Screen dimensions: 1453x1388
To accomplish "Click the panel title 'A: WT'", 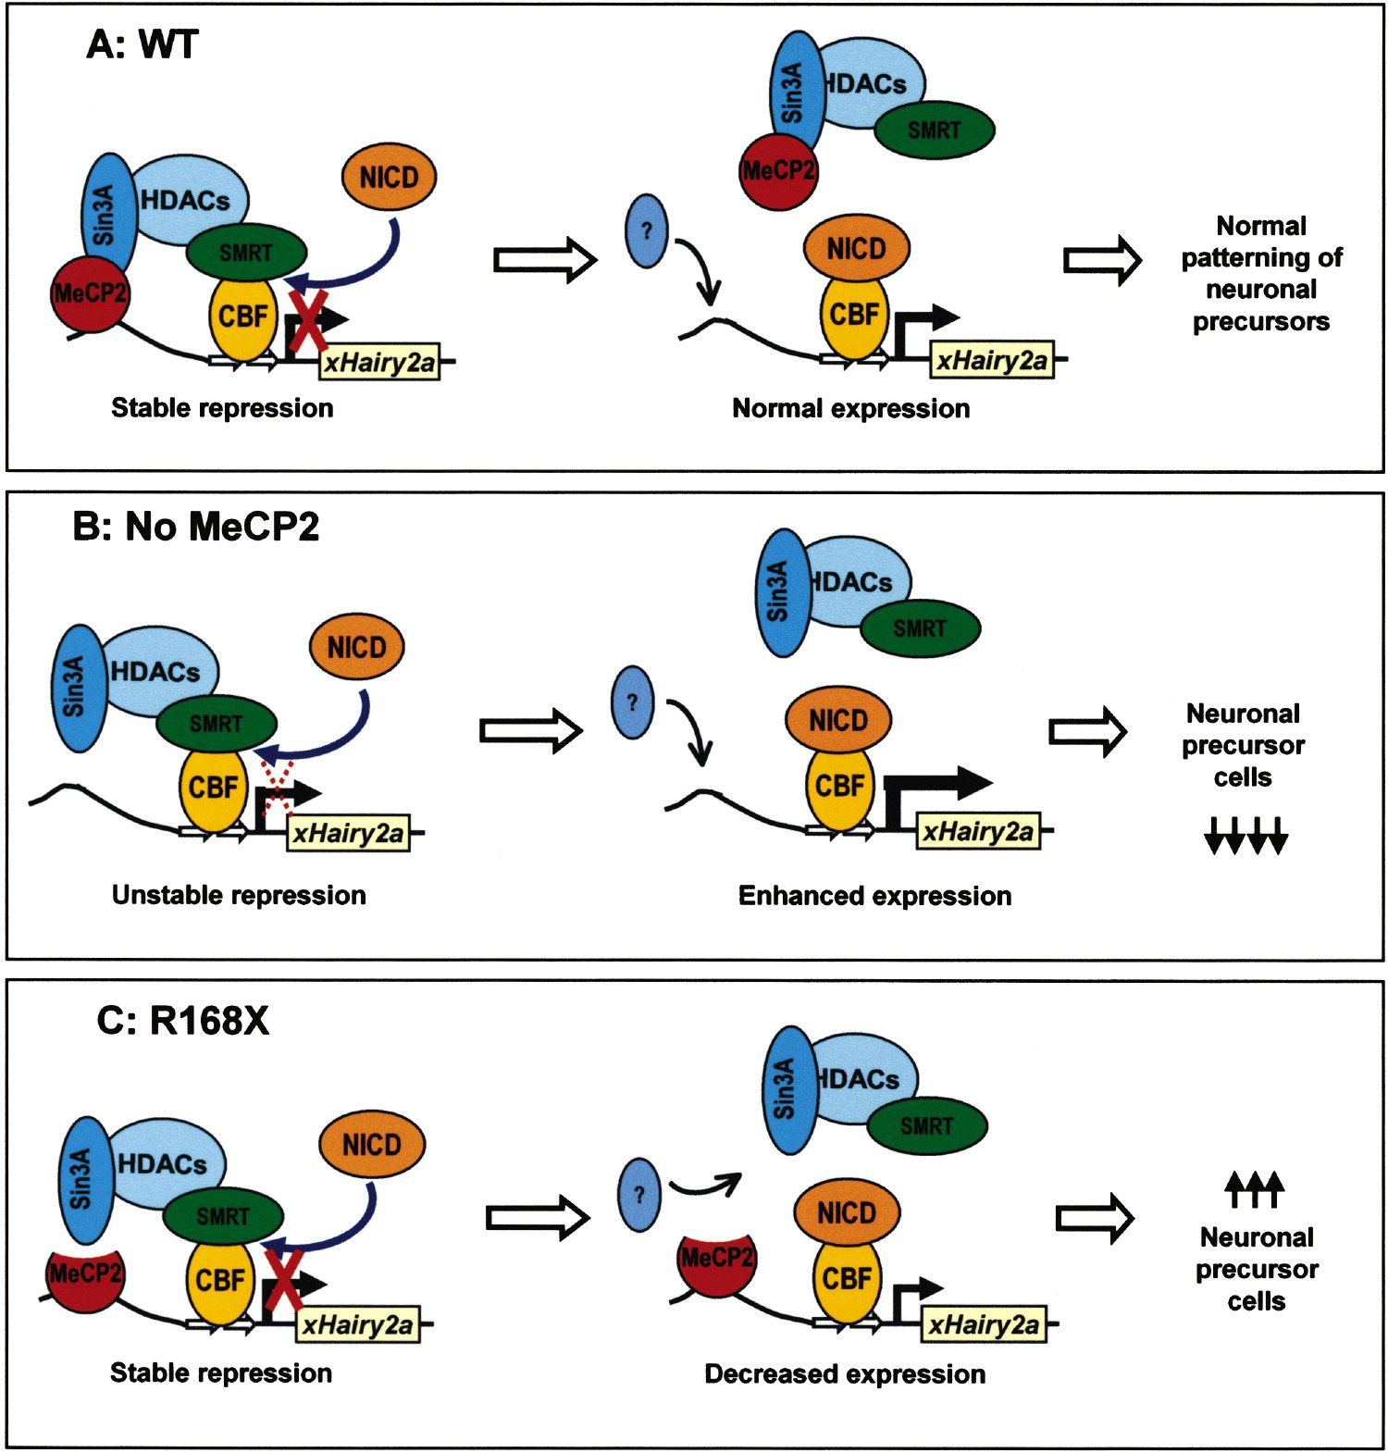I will [142, 43].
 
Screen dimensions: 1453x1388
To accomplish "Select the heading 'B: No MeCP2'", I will [196, 527].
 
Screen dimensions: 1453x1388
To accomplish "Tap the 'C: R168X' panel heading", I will [182, 1021].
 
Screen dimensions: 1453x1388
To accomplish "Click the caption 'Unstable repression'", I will [239, 895].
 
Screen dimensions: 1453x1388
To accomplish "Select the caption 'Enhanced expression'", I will [874, 896].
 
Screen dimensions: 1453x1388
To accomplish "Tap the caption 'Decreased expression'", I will [845, 1374].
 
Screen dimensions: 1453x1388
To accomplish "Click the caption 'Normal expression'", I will [850, 408].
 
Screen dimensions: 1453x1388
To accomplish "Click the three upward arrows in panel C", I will [1254, 1189].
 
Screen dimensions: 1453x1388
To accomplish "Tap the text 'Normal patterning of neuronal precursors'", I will [1260, 274].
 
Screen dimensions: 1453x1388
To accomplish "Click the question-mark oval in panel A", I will [647, 230].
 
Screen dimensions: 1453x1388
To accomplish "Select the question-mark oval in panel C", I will [638, 1194].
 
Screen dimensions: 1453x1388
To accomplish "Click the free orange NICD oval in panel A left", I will [389, 177].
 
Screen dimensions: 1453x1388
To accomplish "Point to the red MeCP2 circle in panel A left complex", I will [90, 294].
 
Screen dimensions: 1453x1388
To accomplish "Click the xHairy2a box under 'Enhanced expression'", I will [977, 832].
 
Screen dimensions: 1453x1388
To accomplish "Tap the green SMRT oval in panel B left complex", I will [217, 723].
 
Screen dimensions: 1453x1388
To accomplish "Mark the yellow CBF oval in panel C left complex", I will [219, 1280].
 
